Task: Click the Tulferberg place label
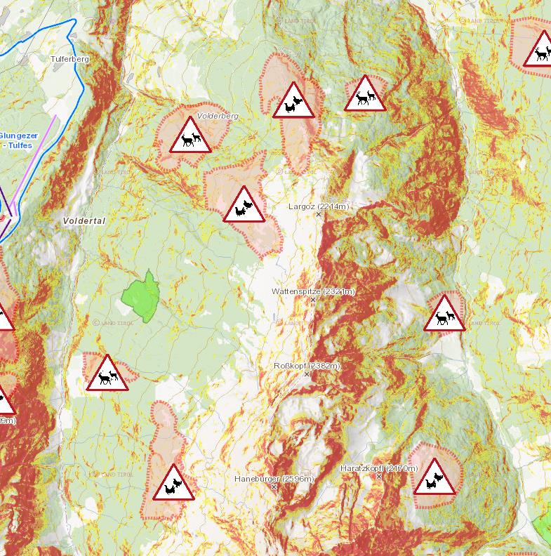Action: click(69, 60)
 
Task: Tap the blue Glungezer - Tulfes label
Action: click(18, 140)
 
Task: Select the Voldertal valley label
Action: click(84, 220)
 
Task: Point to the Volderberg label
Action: click(218, 116)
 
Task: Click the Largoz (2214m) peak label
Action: click(319, 206)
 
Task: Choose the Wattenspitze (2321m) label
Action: click(314, 291)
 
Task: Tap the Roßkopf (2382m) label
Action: click(307, 366)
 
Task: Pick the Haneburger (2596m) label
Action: click(274, 479)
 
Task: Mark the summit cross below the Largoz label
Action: click(319, 215)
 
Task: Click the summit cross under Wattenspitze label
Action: click(314, 300)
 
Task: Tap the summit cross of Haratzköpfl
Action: click(379, 477)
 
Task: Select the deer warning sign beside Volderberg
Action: click(190, 137)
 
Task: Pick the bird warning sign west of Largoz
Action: click(244, 206)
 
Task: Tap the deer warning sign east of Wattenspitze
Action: click(444, 315)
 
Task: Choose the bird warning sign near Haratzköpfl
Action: click(434, 478)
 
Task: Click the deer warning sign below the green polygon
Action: click(107, 374)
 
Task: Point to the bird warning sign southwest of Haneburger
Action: click(173, 484)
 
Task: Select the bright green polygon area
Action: click(143, 296)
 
